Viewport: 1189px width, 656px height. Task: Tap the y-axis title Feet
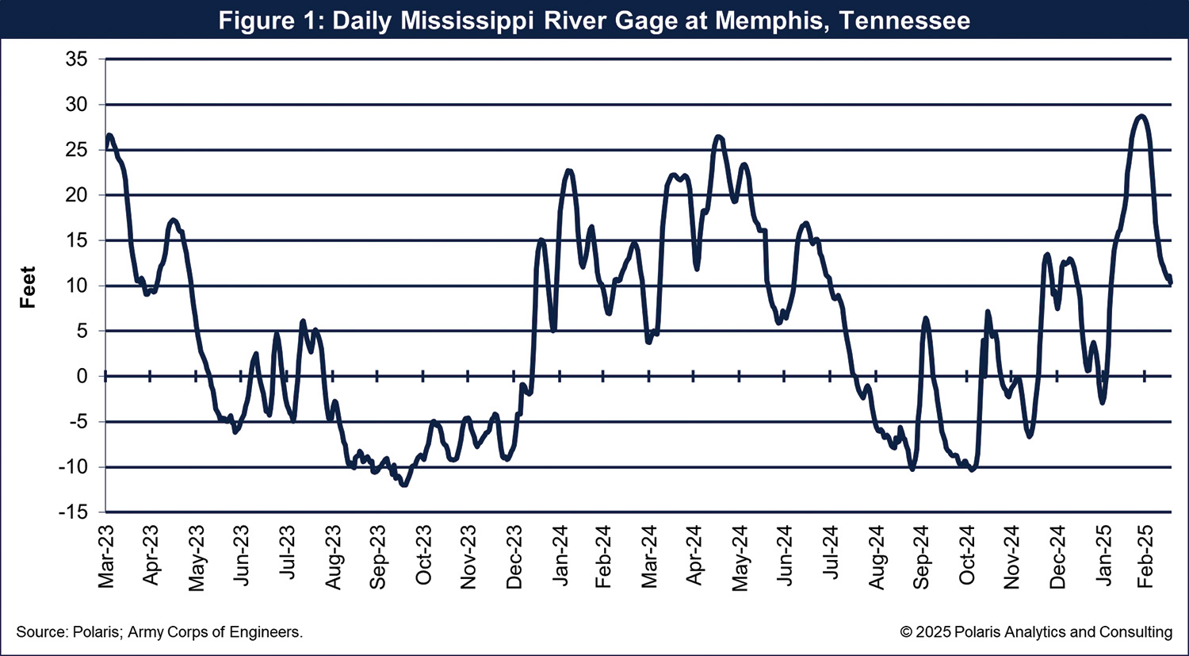coord(29,287)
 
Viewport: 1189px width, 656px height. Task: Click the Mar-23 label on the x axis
coord(106,558)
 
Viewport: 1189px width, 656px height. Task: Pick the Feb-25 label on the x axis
coord(1145,558)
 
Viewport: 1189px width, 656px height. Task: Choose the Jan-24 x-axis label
coord(560,558)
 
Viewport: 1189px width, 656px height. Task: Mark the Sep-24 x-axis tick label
coord(921,558)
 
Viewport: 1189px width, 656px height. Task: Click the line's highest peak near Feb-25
coord(1141,117)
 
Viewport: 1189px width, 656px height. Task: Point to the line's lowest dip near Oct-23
coord(404,485)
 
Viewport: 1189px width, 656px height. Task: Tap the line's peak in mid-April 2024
coord(718,137)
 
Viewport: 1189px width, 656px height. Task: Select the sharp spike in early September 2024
coord(925,318)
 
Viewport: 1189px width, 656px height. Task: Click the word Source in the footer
coord(40,632)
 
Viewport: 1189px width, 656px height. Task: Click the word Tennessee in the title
coord(904,20)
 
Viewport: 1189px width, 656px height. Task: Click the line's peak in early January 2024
coord(569,171)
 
